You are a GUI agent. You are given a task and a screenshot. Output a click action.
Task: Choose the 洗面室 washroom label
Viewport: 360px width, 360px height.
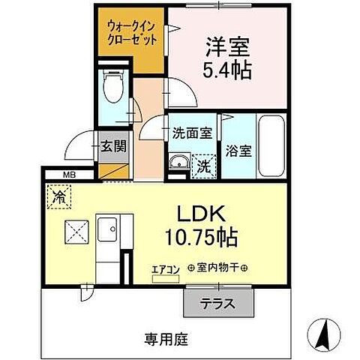(192, 133)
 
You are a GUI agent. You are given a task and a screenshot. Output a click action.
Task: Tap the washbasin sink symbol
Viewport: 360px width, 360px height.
(178, 163)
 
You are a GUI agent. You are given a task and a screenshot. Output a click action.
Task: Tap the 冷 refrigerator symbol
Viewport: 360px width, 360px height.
(58, 197)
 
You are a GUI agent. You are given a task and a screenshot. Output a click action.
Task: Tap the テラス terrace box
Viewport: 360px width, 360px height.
(217, 304)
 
